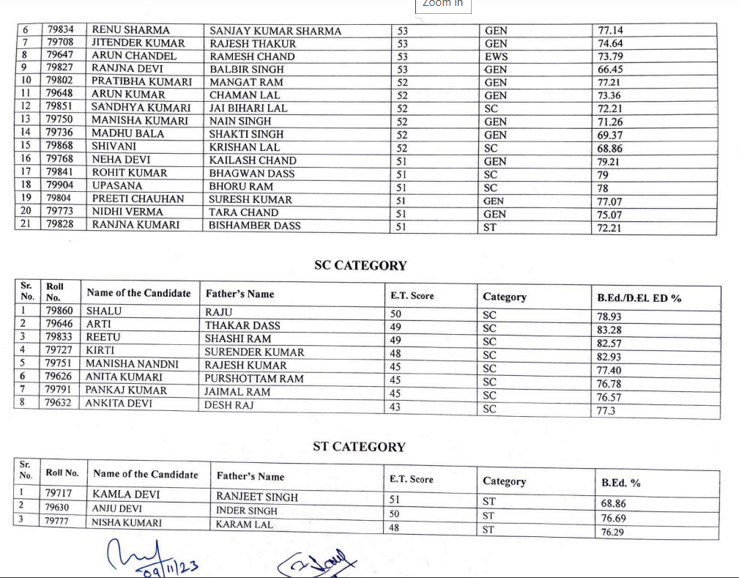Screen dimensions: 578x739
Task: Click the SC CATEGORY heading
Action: (x=360, y=265)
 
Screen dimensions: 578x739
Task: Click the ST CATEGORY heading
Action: (x=359, y=446)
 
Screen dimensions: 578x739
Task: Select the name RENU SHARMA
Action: (x=130, y=30)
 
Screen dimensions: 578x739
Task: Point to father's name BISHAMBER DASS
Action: (x=254, y=226)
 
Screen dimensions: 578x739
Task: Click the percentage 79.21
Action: (x=609, y=161)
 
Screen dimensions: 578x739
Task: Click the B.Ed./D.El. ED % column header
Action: (x=639, y=297)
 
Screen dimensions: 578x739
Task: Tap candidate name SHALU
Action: (x=104, y=311)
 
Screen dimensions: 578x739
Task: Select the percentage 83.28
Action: (x=610, y=330)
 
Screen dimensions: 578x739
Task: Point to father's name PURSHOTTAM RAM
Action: (x=253, y=379)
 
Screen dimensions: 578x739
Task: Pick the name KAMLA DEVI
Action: (x=126, y=494)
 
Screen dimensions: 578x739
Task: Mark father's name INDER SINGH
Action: (x=247, y=511)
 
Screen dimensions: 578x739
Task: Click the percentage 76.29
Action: (x=612, y=532)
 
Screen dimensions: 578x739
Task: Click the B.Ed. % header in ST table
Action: (x=620, y=483)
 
